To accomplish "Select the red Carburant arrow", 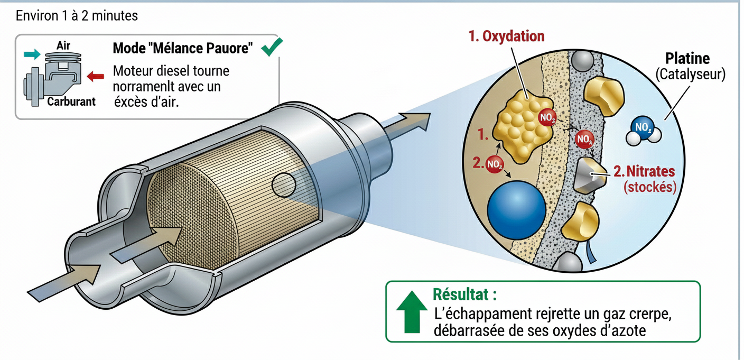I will pyautogui.click(x=95, y=77).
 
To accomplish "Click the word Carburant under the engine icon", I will pyautogui.click(x=71, y=101).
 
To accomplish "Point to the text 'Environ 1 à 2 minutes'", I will pyautogui.click(x=77, y=16).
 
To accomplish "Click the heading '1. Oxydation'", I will pyautogui.click(x=506, y=36).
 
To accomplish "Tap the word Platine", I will pyautogui.click(x=687, y=58).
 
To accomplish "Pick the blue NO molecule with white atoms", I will pyautogui.click(x=644, y=129).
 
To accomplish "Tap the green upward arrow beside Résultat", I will pyautogui.click(x=412, y=314).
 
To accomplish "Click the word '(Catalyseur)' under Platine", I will pyautogui.click(x=690, y=75).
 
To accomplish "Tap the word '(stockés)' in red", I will pyautogui.click(x=650, y=187).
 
